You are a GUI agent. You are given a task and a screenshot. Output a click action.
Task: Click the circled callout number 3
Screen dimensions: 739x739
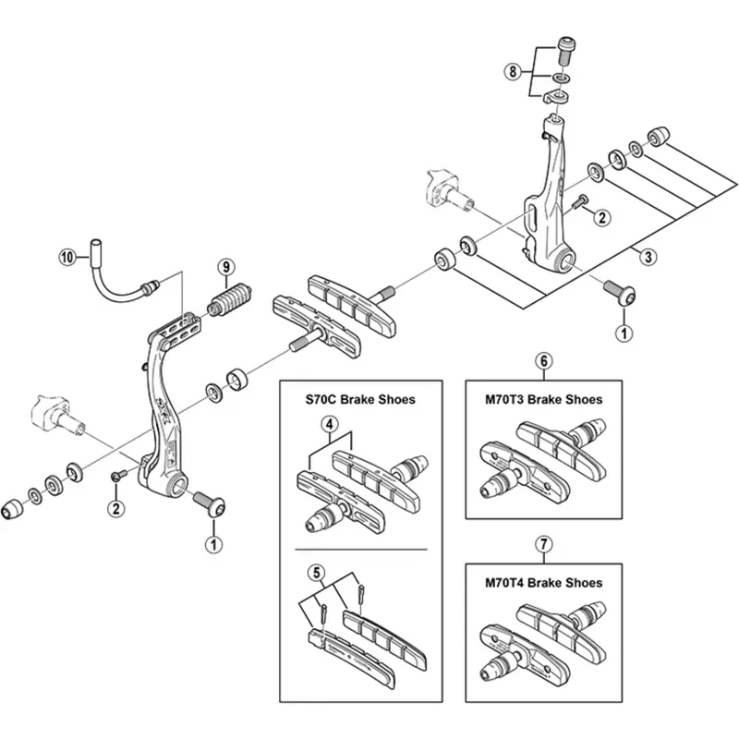[650, 255]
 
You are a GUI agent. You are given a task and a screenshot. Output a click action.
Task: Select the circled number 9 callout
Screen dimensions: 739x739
[224, 268]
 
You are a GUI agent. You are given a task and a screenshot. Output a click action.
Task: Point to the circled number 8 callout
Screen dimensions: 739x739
[511, 70]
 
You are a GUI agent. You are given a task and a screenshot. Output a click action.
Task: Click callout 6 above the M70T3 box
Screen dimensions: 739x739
[544, 360]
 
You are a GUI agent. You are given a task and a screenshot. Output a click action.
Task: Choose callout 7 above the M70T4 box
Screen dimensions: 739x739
[544, 543]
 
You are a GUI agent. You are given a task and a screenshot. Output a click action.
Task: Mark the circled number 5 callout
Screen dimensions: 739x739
[319, 572]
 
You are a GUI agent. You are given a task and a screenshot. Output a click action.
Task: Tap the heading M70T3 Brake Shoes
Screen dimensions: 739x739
[544, 400]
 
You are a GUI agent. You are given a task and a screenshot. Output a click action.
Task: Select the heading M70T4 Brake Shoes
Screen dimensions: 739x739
[544, 583]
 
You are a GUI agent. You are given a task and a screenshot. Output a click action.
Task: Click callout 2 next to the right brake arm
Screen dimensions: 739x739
[601, 218]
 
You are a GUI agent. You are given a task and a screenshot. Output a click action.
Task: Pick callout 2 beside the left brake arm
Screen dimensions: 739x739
[115, 507]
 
